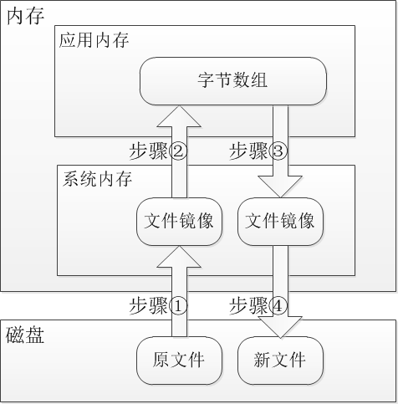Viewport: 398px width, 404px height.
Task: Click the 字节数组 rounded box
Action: tap(233, 81)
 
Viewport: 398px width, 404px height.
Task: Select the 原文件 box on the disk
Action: tap(179, 361)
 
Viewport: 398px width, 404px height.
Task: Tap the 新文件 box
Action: tap(280, 361)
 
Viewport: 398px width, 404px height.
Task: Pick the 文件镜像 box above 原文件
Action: tap(179, 222)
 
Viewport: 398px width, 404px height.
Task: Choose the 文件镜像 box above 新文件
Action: tap(280, 222)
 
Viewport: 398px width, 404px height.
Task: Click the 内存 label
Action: tap(25, 17)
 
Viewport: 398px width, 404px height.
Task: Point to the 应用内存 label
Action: tap(94, 40)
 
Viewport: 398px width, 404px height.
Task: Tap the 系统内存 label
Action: tap(97, 179)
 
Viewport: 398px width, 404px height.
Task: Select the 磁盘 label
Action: tap(25, 335)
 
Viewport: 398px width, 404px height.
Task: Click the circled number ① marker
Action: tap(178, 306)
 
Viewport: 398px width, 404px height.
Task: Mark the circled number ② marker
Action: tap(178, 151)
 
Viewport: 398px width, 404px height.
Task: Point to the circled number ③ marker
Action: tap(278, 151)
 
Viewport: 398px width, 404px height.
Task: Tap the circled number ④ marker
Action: tap(278, 306)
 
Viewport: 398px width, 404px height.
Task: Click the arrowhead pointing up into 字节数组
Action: tap(179, 116)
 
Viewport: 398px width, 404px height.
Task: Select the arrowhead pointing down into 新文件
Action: tap(280, 327)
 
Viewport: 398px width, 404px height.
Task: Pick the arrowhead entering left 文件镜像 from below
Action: tap(179, 257)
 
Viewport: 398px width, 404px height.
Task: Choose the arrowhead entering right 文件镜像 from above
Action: tap(280, 187)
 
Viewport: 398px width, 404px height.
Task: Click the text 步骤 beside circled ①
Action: tap(149, 306)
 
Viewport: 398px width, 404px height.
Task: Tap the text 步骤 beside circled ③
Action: tap(248, 151)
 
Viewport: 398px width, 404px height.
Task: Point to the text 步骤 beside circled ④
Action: tap(248, 306)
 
